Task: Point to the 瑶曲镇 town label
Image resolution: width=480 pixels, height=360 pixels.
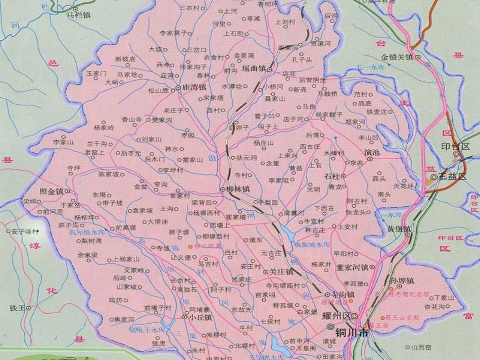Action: point(254,69)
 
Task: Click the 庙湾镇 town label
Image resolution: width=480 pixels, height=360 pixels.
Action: point(194,87)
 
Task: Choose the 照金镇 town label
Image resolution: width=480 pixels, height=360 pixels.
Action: point(51,191)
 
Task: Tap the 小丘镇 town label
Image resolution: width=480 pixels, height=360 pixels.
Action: point(201,318)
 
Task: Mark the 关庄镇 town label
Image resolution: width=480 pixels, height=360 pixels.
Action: point(282,272)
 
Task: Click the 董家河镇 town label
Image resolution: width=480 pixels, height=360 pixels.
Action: point(353,267)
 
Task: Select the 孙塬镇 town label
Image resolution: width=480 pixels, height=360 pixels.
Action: point(403,280)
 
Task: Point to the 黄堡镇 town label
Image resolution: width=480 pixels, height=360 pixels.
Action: point(399,229)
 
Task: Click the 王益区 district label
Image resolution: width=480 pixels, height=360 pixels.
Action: point(452,177)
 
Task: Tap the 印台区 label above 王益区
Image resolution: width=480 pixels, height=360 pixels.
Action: point(455,146)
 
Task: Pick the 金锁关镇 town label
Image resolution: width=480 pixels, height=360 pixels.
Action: point(397,57)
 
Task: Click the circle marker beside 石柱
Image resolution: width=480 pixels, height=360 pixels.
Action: point(344,176)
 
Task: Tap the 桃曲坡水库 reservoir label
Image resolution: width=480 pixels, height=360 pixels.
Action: point(312,244)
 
